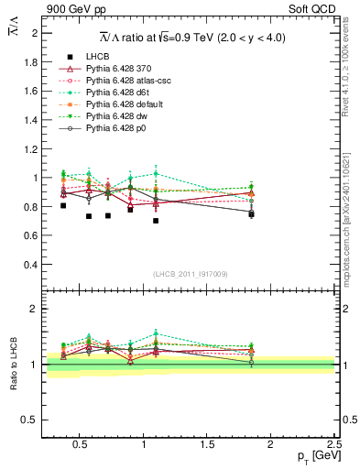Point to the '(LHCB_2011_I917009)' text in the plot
pos(191,273)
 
